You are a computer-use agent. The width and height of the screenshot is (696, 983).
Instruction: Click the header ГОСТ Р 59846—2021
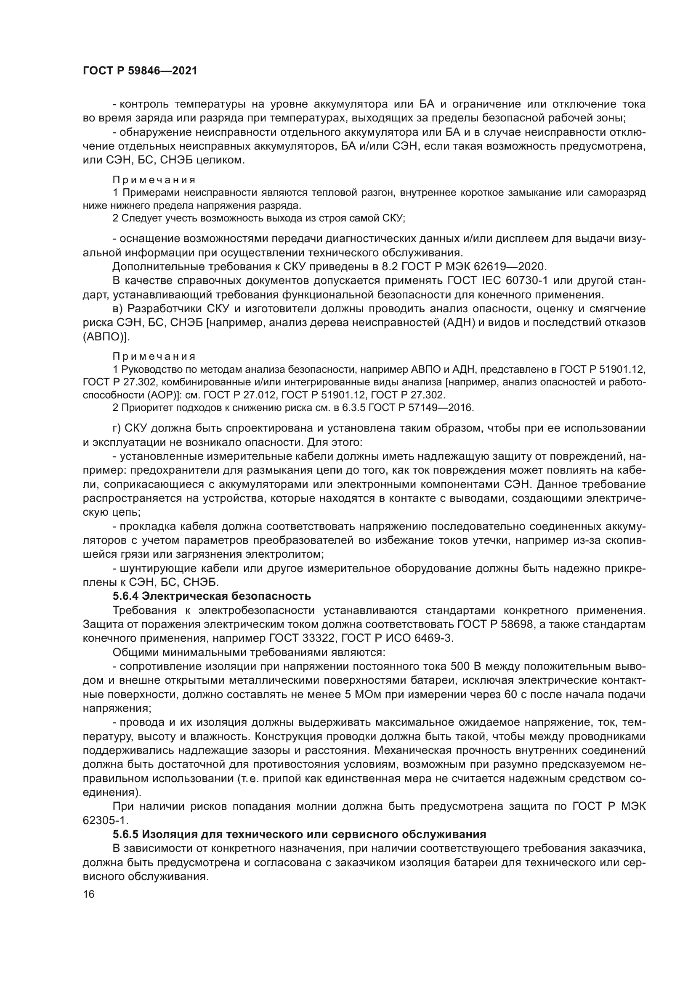point(140,71)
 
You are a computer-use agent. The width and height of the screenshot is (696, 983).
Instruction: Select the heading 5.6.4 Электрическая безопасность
point(212,596)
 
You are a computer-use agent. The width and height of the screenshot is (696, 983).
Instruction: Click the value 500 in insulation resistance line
point(461,666)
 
